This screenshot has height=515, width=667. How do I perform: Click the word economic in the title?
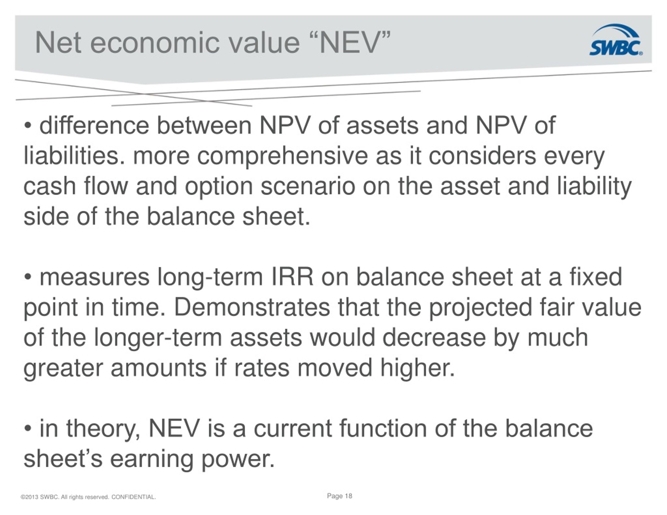point(155,43)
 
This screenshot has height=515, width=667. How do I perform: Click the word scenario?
point(308,186)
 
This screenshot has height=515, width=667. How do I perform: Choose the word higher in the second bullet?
point(417,368)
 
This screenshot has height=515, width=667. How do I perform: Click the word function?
point(383,428)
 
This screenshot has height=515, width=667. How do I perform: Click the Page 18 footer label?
point(339,496)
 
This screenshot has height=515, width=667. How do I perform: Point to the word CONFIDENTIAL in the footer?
point(134,497)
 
